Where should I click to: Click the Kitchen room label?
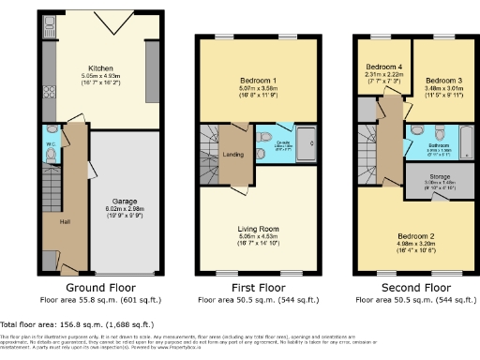tap(100, 68)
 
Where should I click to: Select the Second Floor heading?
tap(409, 290)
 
